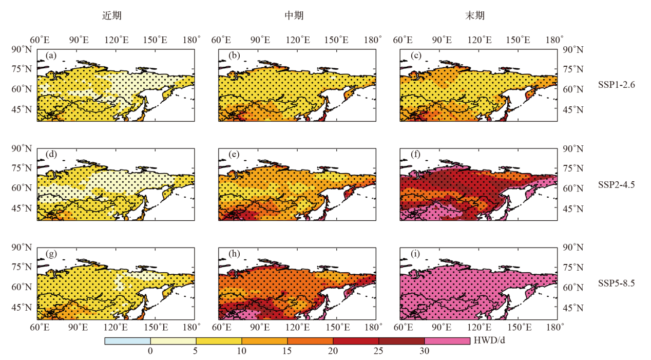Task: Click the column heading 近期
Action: (x=112, y=16)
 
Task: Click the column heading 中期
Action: (x=294, y=16)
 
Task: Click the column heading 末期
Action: (x=475, y=16)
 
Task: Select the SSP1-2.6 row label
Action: (x=616, y=85)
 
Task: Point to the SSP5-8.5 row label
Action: (x=616, y=282)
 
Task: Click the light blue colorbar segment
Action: (x=127, y=341)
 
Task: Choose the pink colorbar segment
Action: (x=447, y=341)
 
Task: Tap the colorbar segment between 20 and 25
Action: (x=356, y=341)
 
